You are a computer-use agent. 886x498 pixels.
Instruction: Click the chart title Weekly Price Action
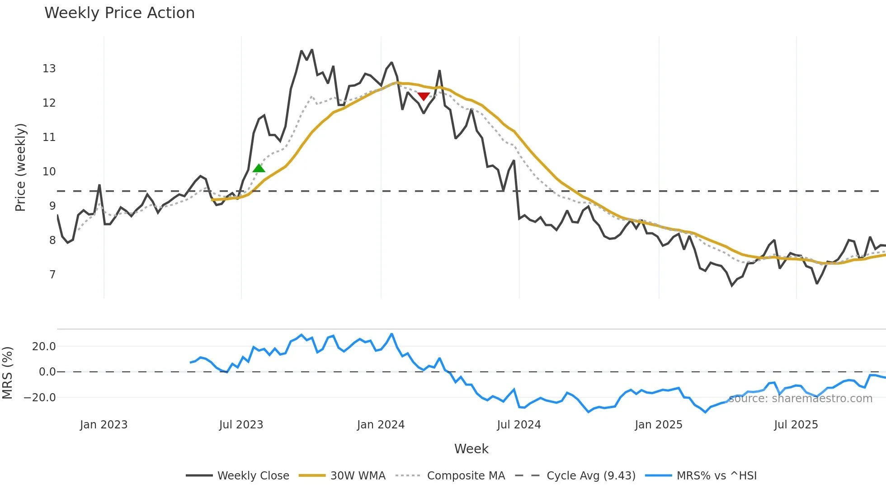[119, 13]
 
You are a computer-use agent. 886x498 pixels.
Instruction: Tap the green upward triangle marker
[259, 168]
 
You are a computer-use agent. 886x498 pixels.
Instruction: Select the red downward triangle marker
[424, 96]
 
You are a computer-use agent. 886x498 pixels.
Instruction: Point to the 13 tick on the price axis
[49, 69]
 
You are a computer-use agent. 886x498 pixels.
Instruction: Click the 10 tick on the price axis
[49, 172]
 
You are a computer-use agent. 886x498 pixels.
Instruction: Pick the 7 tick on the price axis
[52, 275]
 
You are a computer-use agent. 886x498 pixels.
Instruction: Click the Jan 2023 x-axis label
[104, 425]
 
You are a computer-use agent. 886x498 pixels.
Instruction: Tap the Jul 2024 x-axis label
[518, 425]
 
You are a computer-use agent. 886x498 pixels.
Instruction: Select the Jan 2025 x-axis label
[658, 425]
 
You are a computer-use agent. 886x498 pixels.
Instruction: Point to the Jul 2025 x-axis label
[796, 425]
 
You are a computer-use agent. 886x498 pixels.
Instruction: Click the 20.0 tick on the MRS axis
[44, 347]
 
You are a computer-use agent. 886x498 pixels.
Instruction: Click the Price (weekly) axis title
[20, 167]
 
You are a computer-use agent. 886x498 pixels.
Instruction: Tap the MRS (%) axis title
[8, 373]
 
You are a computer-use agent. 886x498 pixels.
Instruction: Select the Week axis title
[471, 449]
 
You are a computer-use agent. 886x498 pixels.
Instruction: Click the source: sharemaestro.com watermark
[800, 399]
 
